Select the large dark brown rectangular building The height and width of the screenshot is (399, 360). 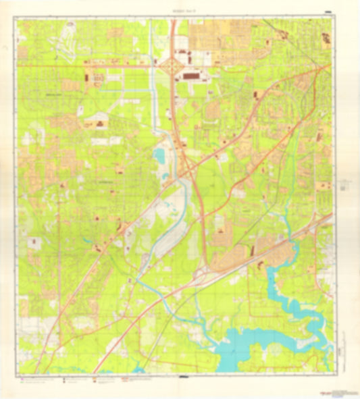tap(191, 77)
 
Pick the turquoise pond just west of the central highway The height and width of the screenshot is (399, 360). tap(159, 157)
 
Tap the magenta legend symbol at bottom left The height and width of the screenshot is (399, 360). tap(22, 377)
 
